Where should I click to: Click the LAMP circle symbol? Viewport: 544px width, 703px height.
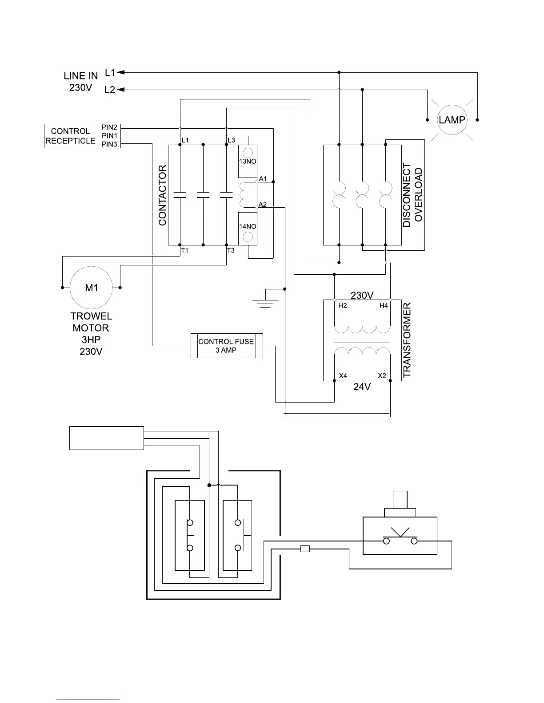pyautogui.click(x=452, y=119)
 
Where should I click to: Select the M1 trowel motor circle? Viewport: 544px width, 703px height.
pyautogui.click(x=91, y=288)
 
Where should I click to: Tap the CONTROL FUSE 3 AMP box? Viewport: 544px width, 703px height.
pyautogui.click(x=226, y=346)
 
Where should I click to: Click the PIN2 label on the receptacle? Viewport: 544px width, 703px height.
pyautogui.click(x=109, y=128)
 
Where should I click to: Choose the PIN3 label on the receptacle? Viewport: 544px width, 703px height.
pyautogui.click(x=109, y=144)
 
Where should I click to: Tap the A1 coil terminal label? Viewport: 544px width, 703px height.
pyautogui.click(x=263, y=179)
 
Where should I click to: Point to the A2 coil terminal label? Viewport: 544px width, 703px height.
pyautogui.click(x=263, y=205)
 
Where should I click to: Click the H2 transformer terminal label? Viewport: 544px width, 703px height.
pyautogui.click(x=343, y=306)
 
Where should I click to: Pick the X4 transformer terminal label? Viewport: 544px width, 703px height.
pyautogui.click(x=343, y=376)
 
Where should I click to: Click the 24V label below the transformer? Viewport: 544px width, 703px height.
pyautogui.click(x=362, y=387)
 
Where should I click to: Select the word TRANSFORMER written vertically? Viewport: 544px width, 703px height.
pyautogui.click(x=407, y=340)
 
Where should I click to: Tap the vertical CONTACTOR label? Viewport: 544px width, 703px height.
pyautogui.click(x=163, y=195)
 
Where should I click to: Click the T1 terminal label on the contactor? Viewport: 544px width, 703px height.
pyautogui.click(x=185, y=251)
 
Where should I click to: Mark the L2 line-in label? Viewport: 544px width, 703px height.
pyautogui.click(x=110, y=90)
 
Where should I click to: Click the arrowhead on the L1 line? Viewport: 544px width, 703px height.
pyautogui.click(x=121, y=72)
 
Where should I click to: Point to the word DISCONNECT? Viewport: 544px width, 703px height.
pyautogui.click(x=407, y=195)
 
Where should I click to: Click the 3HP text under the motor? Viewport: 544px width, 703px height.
pyautogui.click(x=91, y=340)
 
